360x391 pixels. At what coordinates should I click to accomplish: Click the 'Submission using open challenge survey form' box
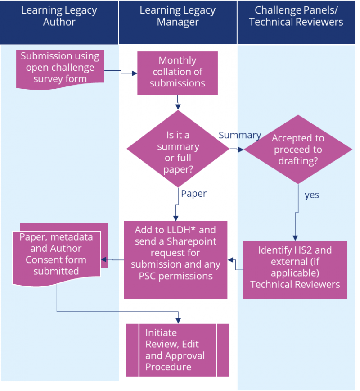tap(60, 68)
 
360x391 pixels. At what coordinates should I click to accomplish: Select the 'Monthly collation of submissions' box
tap(177, 72)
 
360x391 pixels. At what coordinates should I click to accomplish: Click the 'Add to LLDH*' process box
tap(175, 259)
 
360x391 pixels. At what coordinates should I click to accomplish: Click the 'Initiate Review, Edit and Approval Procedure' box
tap(178, 350)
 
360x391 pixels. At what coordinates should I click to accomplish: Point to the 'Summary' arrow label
tap(239, 135)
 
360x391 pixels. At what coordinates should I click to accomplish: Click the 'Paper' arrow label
tap(193, 194)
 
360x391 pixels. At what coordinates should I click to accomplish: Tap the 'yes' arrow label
tap(311, 195)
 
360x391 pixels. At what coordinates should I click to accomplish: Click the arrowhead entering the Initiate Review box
tap(178, 320)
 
